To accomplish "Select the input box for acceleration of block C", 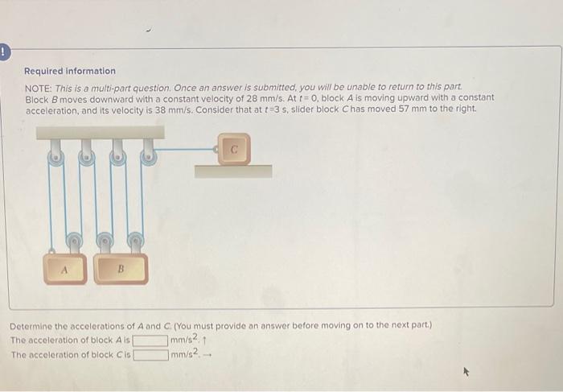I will click(150, 353).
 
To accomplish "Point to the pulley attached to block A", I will click(72, 239).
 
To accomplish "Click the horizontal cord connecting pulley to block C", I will click(185, 148).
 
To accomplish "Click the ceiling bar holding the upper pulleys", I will click(101, 132).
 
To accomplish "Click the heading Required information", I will click(69, 71).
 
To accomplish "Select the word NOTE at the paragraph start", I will click(37, 86).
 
